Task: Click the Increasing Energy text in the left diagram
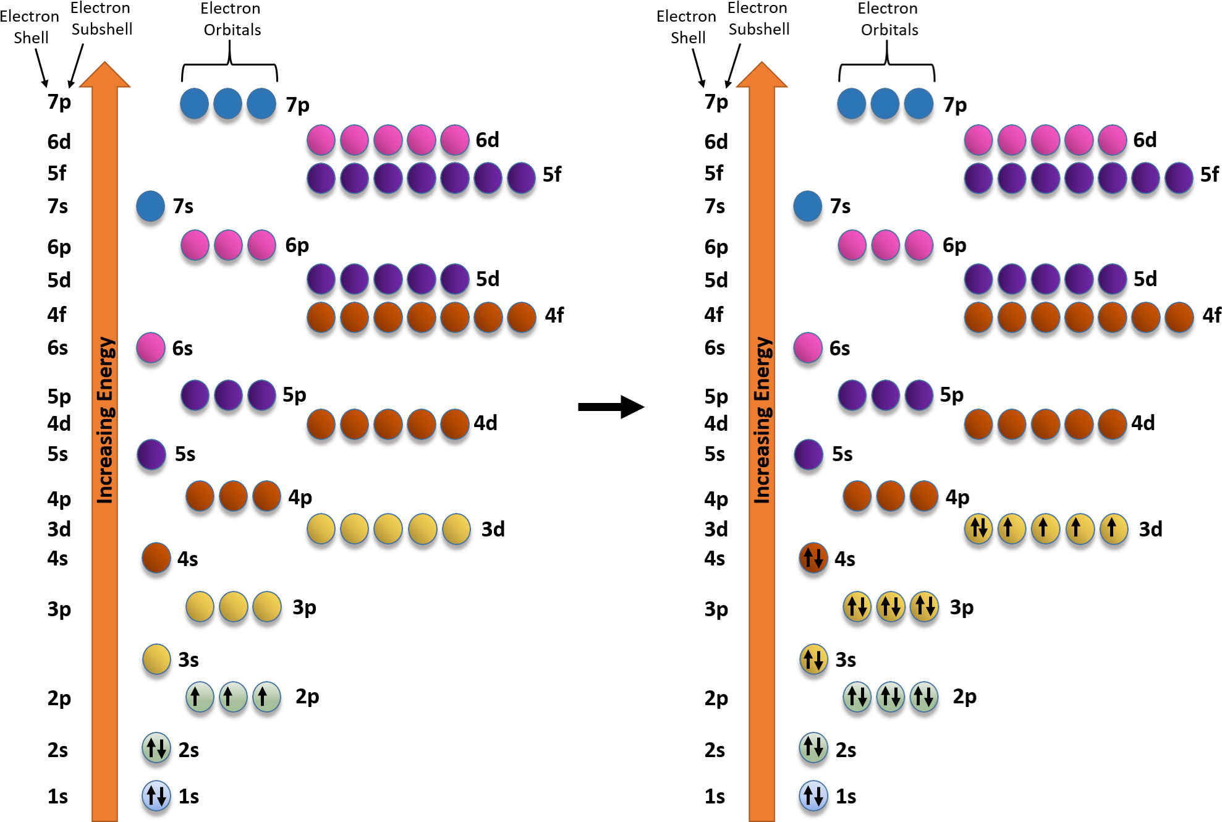coord(106,420)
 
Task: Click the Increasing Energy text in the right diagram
coord(763,420)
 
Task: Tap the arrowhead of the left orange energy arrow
coord(104,75)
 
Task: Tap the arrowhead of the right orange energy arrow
coord(762,75)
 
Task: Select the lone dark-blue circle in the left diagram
coord(150,206)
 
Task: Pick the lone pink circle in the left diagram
coord(150,347)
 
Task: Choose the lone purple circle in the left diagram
coord(151,455)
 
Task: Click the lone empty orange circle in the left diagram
coord(156,557)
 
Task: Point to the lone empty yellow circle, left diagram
coord(156,659)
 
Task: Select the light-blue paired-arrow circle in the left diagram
coord(156,796)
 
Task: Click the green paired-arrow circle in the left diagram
coord(156,748)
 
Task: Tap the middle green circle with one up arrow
coord(233,697)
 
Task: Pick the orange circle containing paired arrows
coord(813,557)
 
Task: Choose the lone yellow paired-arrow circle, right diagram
coord(813,659)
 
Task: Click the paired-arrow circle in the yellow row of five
coord(978,528)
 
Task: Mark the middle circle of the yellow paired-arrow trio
coord(890,606)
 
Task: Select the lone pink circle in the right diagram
coord(807,347)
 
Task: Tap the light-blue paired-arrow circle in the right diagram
coord(813,796)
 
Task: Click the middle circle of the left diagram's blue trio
coord(227,103)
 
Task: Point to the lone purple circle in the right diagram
coord(808,455)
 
